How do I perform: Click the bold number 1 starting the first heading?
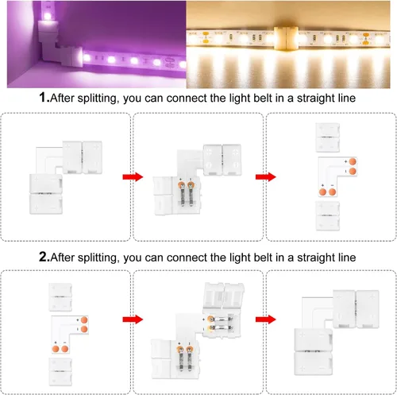[x=43, y=98]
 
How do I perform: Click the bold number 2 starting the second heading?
[x=44, y=257]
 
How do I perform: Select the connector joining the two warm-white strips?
[x=287, y=38]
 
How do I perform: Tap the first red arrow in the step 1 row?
[x=133, y=176]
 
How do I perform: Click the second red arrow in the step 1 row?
[x=265, y=176]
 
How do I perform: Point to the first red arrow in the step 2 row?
[x=133, y=319]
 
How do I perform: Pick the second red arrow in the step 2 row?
[x=265, y=319]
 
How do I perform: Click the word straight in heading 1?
[x=312, y=99]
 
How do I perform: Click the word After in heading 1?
[x=62, y=98]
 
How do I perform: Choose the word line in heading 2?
[x=347, y=258]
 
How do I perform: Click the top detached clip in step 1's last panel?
[x=328, y=137]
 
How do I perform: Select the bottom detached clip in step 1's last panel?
[x=328, y=215]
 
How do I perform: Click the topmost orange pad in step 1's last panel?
[x=353, y=161]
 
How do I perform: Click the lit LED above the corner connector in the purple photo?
[x=48, y=16]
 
